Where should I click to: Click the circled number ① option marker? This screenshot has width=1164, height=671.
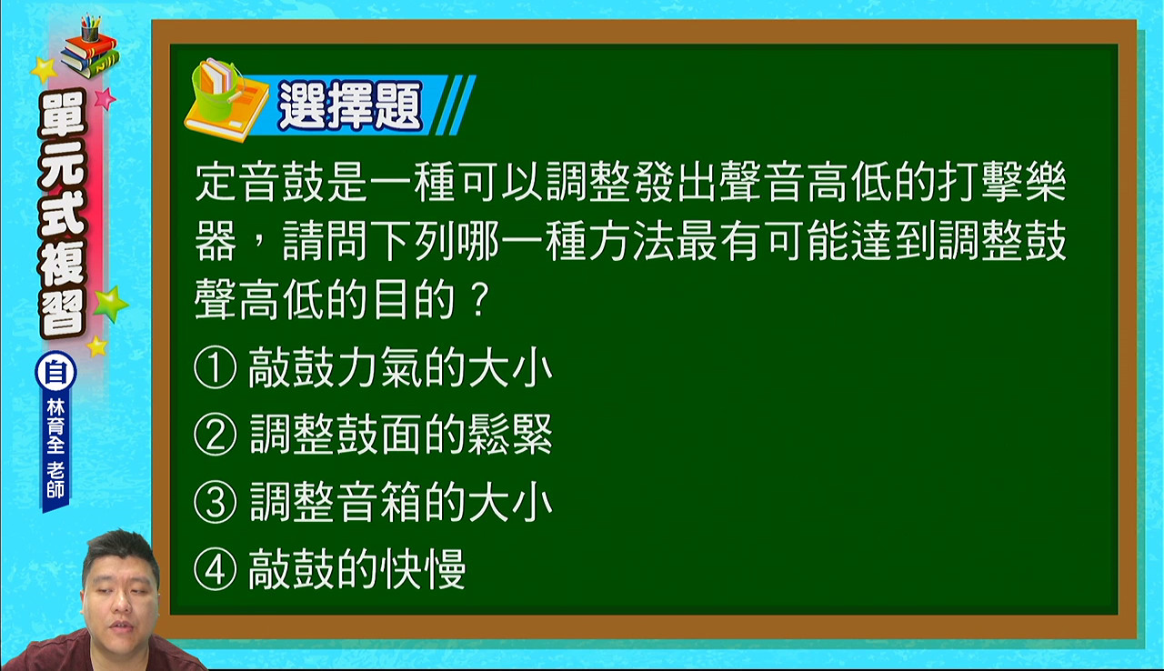pyautogui.click(x=216, y=367)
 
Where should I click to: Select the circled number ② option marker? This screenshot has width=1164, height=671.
pyautogui.click(x=216, y=435)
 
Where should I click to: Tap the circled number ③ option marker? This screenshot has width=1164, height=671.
pyautogui.click(x=216, y=502)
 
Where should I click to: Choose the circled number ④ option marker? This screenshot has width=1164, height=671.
pyautogui.click(x=216, y=569)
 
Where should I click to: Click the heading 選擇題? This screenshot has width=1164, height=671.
pyautogui.click(x=350, y=105)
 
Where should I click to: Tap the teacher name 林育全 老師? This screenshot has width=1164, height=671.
pyautogui.click(x=55, y=448)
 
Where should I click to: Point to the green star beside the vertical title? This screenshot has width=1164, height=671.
pyautogui.click(x=110, y=304)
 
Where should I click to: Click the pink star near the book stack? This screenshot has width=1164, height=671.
pyautogui.click(x=105, y=98)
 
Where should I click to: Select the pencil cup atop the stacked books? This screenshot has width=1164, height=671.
pyautogui.click(x=90, y=28)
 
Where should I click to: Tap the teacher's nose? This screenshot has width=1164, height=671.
pyautogui.click(x=122, y=602)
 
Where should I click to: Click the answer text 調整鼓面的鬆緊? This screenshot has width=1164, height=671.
pyautogui.click(x=401, y=435)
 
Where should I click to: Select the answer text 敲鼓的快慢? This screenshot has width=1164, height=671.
pyautogui.click(x=357, y=569)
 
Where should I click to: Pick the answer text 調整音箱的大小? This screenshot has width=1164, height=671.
pyautogui.click(x=401, y=502)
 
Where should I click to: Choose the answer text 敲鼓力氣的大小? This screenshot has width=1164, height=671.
pyautogui.click(x=400, y=367)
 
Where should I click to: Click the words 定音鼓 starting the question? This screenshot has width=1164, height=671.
pyautogui.click(x=260, y=182)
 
